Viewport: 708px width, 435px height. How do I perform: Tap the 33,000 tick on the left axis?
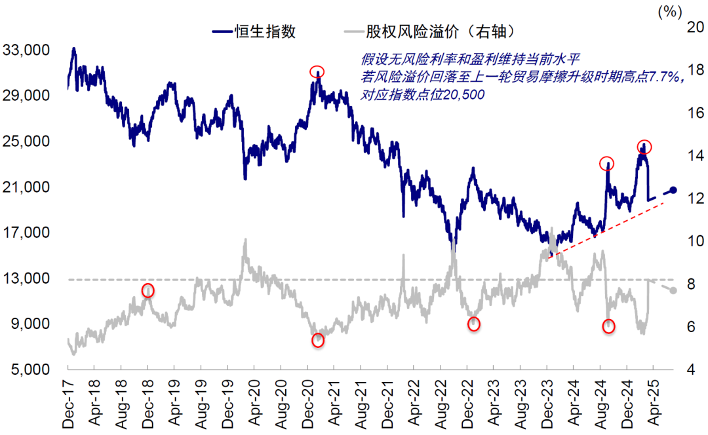click(28, 50)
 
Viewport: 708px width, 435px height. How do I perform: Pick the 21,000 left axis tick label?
click(28, 187)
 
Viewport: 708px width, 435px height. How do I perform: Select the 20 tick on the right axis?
click(694, 27)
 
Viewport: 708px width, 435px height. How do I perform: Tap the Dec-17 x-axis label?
click(68, 405)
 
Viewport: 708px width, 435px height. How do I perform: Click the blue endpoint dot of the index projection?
click(674, 190)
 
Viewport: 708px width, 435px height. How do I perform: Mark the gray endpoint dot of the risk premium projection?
click(674, 291)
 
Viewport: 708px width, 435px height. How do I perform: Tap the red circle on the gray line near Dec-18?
click(148, 290)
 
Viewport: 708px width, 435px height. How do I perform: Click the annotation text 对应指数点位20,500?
click(423, 95)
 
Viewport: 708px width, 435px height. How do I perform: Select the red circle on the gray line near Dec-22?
click(474, 324)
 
